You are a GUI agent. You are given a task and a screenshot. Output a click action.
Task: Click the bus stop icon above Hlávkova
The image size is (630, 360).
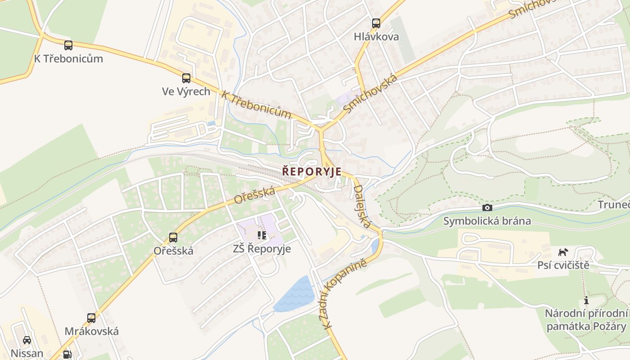pos(376,23)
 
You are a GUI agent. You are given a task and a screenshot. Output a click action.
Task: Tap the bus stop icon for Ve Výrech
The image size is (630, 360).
pos(186,78)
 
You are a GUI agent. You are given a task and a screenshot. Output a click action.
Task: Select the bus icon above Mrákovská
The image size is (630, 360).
pos(91,318)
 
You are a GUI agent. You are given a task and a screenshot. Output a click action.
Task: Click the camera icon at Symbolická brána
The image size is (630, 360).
pos(487,207)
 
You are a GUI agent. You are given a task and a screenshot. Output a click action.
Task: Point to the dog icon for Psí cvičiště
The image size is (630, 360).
pos(563,252)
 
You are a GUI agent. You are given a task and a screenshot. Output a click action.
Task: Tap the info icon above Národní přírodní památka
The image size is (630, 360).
pos(586,301)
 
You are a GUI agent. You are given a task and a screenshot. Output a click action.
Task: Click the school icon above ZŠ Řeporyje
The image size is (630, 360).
pos(262,235)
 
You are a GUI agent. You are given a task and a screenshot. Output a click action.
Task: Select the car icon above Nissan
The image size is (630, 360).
pos(27,340)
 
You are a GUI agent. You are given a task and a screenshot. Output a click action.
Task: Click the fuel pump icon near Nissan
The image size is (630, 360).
pos(67,355)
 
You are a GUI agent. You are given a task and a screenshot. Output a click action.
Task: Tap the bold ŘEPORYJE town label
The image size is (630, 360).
pos(312,172)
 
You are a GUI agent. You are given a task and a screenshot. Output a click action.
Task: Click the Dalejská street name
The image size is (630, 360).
pos(362,207)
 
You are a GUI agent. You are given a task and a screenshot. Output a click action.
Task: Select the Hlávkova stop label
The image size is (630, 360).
pos(376,37)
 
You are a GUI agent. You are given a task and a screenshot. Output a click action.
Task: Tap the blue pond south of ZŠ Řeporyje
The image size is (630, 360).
pos(295,295)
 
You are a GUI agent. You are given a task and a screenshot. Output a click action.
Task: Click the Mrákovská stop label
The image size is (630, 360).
pos(92,332)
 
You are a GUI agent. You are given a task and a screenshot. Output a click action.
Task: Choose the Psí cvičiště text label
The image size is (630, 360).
pos(563,265)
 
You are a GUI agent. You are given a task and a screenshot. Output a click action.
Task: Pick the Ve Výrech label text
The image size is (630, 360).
pos(186,92)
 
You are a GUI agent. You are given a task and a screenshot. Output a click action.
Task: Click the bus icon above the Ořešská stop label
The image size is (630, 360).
pos(173,237)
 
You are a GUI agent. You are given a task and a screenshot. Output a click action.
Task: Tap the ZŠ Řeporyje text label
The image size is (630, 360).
pos(262,249)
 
